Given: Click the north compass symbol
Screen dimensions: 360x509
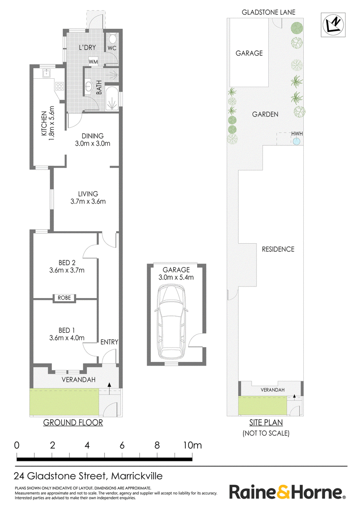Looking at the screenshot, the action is [x=333, y=25].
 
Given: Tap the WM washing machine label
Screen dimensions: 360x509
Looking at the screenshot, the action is [x=93, y=62].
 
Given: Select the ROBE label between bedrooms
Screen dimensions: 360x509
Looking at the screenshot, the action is [x=64, y=298].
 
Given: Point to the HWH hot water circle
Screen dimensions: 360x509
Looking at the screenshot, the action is [x=296, y=141].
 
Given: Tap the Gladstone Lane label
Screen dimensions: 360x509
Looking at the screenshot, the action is [x=268, y=12].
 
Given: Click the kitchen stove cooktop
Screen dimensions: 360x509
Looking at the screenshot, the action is [x=59, y=86].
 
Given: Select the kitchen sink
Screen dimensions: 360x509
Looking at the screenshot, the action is [x=47, y=73].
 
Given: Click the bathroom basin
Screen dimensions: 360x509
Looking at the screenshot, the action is [x=88, y=87].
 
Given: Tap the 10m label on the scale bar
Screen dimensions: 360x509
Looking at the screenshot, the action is [x=192, y=445].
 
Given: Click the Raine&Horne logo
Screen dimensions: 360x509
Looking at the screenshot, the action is [x=287, y=491].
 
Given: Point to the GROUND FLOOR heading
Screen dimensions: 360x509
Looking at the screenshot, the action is [x=73, y=422].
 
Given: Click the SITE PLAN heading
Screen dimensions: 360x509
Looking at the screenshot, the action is [x=266, y=422].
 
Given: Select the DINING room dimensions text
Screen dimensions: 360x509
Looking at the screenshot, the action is [x=93, y=143].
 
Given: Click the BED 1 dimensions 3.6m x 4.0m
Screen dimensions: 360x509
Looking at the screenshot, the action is [x=67, y=338].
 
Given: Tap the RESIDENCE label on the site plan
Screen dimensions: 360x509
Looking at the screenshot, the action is [x=278, y=249].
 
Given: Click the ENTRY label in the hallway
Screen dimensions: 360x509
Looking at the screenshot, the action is [x=109, y=342].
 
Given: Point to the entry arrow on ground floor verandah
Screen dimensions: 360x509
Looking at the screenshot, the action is [x=109, y=388].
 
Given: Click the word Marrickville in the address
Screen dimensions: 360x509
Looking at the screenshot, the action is [x=137, y=476].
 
